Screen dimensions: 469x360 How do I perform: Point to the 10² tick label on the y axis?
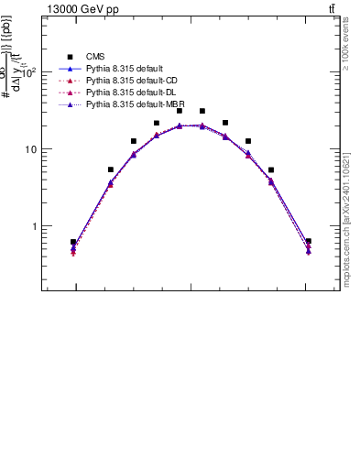pyautogui.click(x=30, y=73)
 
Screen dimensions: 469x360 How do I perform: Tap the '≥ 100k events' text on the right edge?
pyautogui.click(x=345, y=51)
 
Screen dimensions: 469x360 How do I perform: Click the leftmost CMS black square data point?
pyautogui.click(x=73, y=243)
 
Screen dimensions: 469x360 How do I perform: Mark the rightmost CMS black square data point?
pyautogui.click(x=308, y=242)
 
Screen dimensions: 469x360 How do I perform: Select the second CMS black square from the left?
pyautogui.click(x=111, y=169)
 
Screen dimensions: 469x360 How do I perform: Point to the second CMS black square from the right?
pyautogui.click(x=271, y=169)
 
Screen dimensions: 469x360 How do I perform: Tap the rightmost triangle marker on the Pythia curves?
pyautogui.click(x=308, y=249)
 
